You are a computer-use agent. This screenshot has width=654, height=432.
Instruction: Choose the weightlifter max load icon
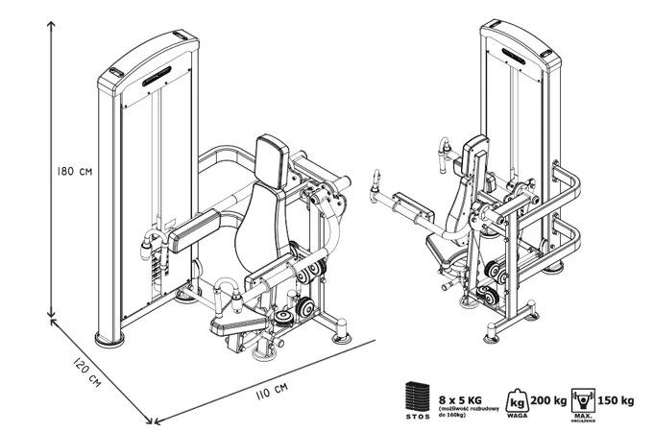pos(582,397)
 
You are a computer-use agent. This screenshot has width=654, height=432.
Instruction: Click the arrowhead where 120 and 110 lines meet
pos(149,419)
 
